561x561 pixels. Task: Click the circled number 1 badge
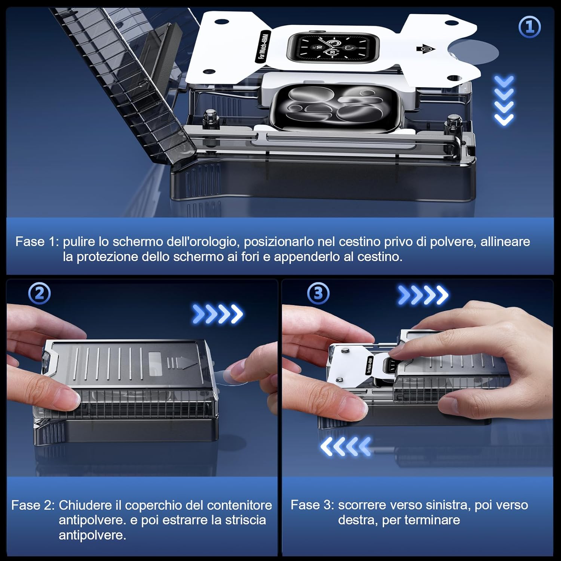click(x=529, y=27)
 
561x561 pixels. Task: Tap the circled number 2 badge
click(x=39, y=294)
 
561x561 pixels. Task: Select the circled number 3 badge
click(x=318, y=293)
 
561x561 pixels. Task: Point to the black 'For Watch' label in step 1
click(x=262, y=47)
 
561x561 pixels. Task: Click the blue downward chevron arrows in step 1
click(x=504, y=100)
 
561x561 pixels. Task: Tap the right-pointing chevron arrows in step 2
click(x=217, y=314)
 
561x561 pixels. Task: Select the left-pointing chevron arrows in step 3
click(x=346, y=446)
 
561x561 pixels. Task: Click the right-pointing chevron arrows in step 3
click(x=423, y=295)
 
